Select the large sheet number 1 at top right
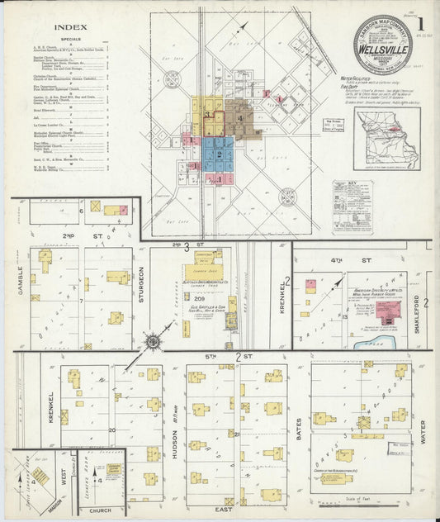click(x=421, y=24)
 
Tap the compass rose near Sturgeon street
click(x=153, y=339)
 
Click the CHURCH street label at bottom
click(x=100, y=510)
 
